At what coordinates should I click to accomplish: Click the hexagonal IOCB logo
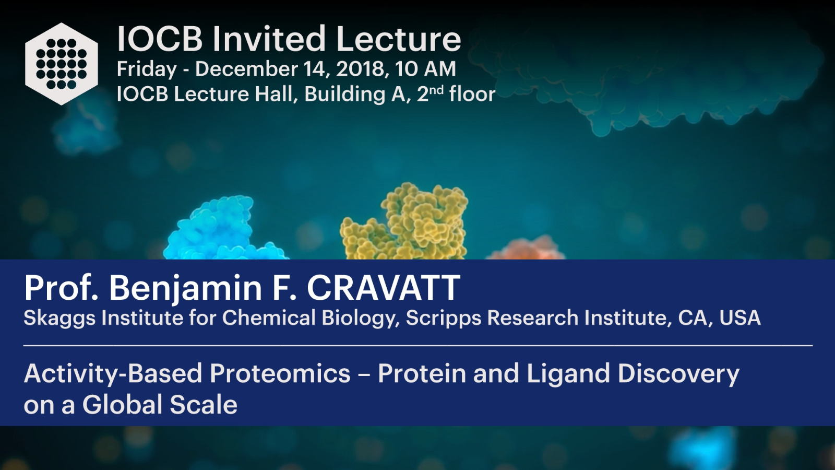click(62, 64)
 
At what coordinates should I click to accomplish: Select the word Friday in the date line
click(147, 70)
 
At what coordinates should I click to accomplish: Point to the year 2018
click(361, 69)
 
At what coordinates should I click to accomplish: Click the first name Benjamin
click(186, 289)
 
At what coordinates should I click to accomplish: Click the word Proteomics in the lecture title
click(280, 374)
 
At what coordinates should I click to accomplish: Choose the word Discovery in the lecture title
click(678, 374)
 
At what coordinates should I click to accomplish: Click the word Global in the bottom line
click(122, 405)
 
